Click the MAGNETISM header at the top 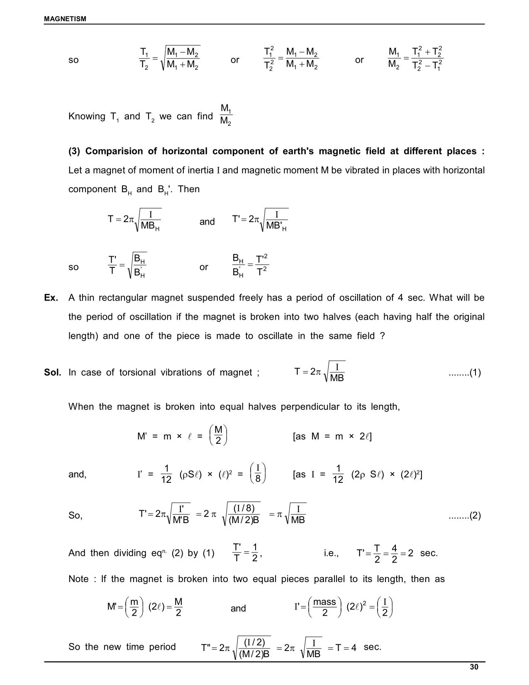pos(65,19)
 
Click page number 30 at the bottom pos(474,667)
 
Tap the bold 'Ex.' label pos(51,298)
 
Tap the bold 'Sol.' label pos(53,372)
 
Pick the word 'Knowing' pos(87,117)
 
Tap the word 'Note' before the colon pos(78,579)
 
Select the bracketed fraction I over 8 pos(258,474)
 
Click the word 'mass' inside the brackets pos(324,602)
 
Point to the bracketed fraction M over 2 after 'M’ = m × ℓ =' pos(218,435)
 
